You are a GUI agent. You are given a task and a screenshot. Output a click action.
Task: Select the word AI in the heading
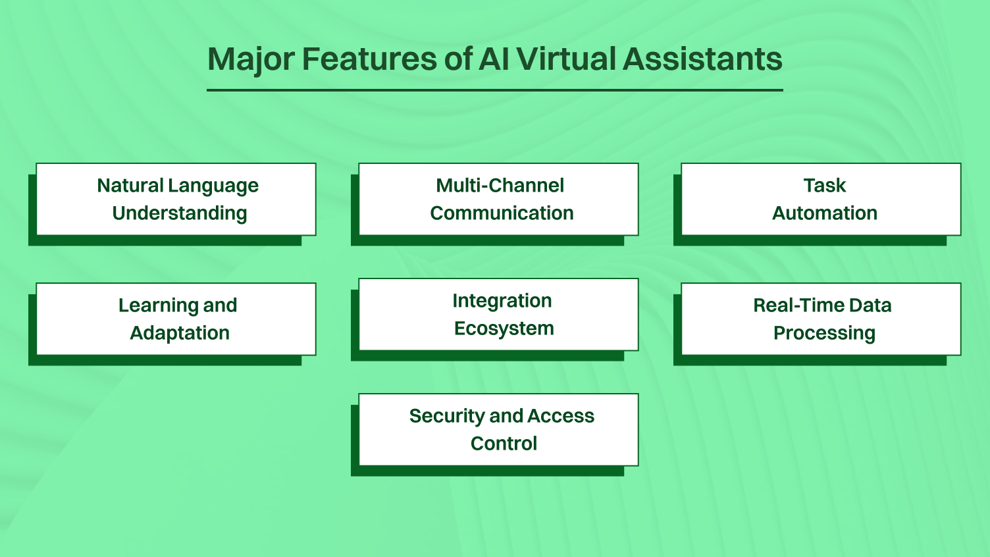pos(494,59)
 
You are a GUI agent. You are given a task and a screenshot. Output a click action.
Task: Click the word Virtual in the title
pos(566,59)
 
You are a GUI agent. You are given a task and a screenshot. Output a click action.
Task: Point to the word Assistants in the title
pos(702,59)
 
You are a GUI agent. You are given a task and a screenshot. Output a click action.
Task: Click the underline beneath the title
pos(494,90)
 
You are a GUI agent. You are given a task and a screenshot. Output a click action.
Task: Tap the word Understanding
pos(179,213)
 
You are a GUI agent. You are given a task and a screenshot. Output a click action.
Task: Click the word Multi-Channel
pos(500,186)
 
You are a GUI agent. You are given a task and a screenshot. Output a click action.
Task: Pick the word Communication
pos(502,213)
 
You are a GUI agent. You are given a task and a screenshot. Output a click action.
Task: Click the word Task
pos(824,186)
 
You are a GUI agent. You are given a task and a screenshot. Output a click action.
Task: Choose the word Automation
pos(824,213)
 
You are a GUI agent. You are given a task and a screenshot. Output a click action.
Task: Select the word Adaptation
pos(179,333)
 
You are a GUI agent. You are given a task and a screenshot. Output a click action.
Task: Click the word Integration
pos(502,301)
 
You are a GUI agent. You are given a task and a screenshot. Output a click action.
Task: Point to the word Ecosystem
pos(504,329)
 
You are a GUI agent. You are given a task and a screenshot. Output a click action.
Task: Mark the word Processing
pos(824,333)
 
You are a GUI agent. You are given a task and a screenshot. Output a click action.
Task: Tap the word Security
pos(447,416)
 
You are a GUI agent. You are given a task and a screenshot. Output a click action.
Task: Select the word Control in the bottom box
pos(504,444)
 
